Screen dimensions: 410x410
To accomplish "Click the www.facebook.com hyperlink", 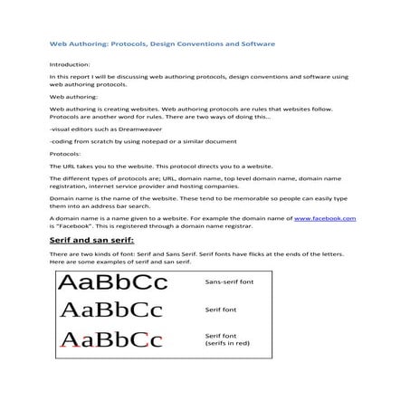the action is (x=325, y=218).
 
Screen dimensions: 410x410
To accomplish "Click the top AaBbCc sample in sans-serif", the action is (x=112, y=282).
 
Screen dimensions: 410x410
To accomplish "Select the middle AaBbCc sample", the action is (x=110, y=310).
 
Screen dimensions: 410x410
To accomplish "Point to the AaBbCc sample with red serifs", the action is (x=110, y=340).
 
